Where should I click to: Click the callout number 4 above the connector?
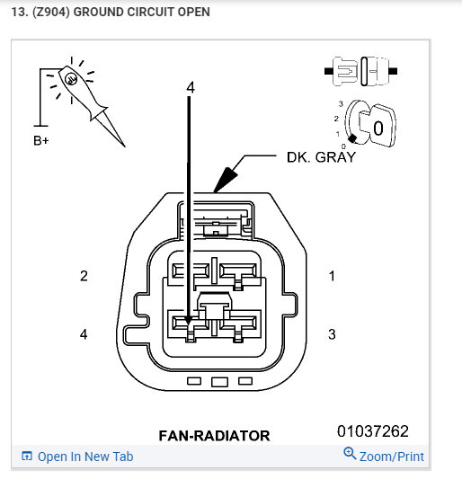click(190, 87)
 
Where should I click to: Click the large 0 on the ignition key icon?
click(378, 128)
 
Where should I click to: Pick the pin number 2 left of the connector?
click(84, 276)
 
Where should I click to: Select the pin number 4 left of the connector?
click(84, 334)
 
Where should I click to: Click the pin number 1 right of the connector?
click(332, 276)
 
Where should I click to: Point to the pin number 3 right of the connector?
click(332, 334)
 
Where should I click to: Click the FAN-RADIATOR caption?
click(214, 436)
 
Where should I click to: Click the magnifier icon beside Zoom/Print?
click(350, 454)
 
